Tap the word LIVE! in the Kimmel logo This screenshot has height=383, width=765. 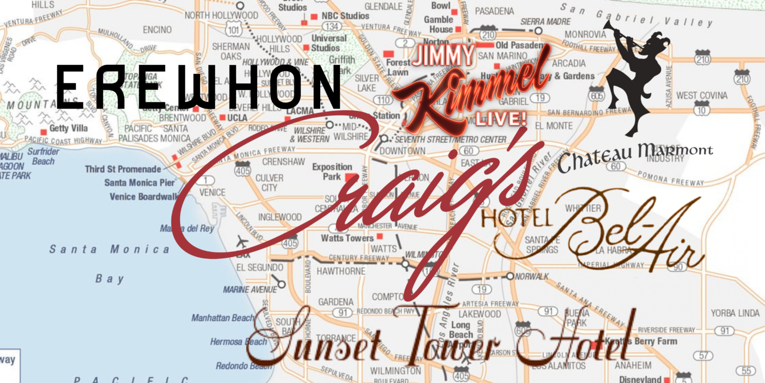pos(500,118)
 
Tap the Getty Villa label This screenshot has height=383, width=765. pos(68,129)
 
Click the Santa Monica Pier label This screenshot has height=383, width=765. pos(139,183)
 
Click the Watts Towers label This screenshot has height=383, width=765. pos(347,238)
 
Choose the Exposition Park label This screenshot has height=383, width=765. pos(332,172)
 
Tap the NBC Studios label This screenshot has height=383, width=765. pos(345,16)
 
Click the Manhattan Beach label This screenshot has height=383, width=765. pos(223,318)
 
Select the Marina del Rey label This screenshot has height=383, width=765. pos(187,228)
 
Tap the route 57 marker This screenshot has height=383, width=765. pos(704,355)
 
